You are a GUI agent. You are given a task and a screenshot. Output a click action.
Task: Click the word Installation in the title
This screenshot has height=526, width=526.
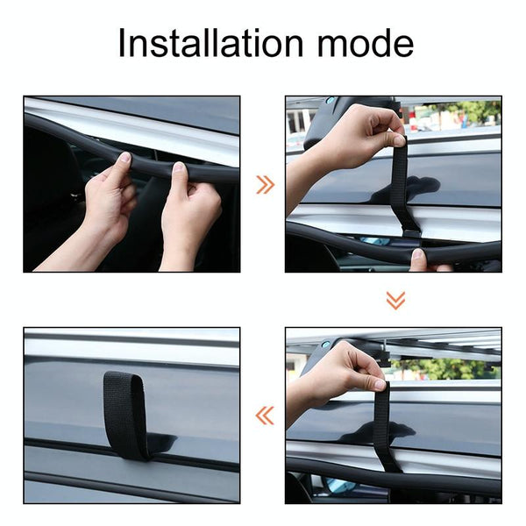click(x=210, y=43)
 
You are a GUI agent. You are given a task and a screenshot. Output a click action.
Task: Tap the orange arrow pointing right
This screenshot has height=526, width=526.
click(x=266, y=184)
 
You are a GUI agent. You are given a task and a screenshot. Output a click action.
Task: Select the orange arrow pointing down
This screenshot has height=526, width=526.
click(x=395, y=300)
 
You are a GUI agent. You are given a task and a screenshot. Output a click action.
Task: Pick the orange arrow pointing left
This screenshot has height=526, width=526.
click(x=265, y=416)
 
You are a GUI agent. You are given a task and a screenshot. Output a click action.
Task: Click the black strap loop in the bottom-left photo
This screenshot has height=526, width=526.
click(x=124, y=415)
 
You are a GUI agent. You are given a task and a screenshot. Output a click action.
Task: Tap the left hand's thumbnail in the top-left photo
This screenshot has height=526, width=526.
click(x=124, y=157)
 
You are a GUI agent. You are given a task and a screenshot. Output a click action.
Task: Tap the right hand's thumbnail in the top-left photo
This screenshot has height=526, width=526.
click(x=178, y=167)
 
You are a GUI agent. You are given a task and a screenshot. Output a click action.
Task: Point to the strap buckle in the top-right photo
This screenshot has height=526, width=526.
click(x=412, y=233)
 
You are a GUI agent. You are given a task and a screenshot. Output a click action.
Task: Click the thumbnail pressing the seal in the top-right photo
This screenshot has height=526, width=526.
click(x=418, y=253)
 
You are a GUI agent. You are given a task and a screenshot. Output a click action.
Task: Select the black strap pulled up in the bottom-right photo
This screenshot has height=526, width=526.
click(x=385, y=427)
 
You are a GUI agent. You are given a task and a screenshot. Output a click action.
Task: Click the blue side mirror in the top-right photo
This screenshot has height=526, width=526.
click(x=374, y=241)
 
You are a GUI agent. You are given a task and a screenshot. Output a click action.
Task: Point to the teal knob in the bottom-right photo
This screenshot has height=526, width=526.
click(x=325, y=345)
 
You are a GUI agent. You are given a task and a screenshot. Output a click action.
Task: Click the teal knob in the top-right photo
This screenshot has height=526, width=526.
click(x=331, y=100)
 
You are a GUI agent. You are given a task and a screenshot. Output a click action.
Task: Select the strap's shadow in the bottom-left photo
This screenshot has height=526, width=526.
click(x=163, y=442)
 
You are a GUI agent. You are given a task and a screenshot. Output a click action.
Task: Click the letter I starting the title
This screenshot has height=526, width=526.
click(x=121, y=43)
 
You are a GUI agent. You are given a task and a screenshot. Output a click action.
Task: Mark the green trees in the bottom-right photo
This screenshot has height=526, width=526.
click(x=446, y=368)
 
